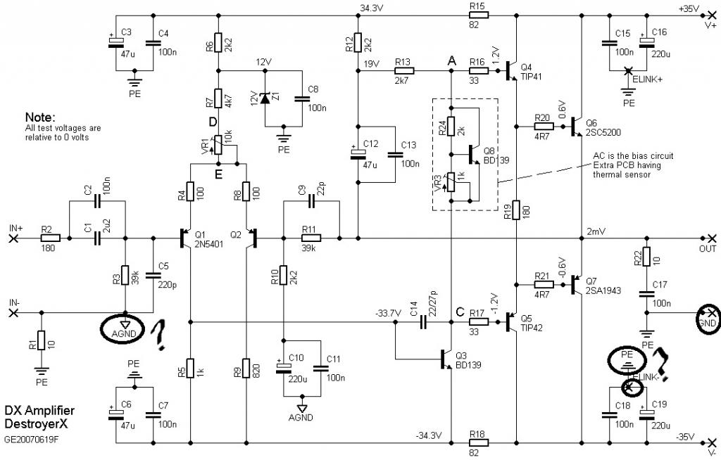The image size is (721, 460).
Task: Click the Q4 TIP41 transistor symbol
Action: [511, 71]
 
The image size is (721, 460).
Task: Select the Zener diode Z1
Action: [265, 98]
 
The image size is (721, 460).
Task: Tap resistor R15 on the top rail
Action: [478, 15]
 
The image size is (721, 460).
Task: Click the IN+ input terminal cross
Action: [14, 238]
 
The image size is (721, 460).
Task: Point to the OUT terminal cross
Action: [712, 238]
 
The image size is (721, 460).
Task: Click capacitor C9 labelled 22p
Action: [312, 201]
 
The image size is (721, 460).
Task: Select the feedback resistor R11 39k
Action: [311, 238]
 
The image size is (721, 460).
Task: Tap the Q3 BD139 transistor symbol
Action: [446, 359]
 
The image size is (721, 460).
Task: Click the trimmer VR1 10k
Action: [219, 145]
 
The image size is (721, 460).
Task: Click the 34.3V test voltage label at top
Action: [372, 8]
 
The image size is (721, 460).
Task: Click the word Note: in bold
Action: [40, 117]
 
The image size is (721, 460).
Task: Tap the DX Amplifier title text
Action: [39, 410]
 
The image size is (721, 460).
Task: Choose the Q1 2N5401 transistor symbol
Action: [186, 238]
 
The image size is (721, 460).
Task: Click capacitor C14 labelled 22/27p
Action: [423, 322]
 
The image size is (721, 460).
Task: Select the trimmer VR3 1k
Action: [451, 182]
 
